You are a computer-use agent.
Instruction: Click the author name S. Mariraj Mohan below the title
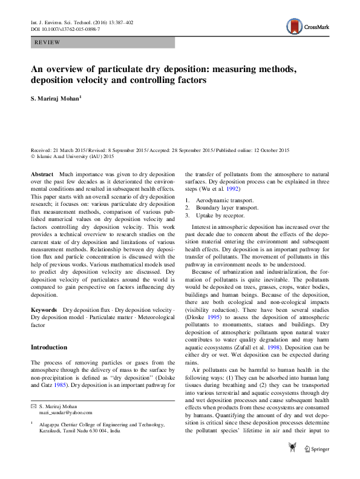56,96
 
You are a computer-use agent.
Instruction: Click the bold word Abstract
42,174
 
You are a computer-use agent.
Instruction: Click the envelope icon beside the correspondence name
34,422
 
